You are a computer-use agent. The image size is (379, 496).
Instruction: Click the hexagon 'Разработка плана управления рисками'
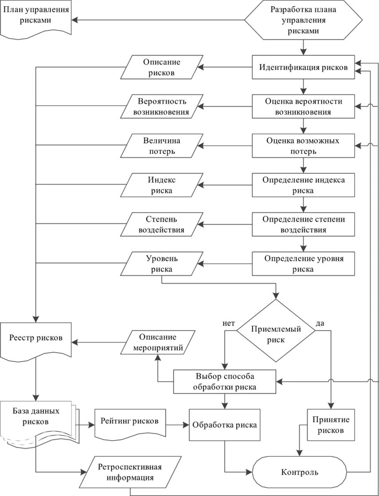[303, 20]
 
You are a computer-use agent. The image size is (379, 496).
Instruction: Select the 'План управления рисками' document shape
[36, 19]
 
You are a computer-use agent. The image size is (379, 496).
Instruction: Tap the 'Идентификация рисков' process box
[303, 67]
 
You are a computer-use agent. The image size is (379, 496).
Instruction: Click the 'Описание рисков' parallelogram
[161, 67]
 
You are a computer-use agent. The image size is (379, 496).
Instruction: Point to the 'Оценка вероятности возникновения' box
[303, 106]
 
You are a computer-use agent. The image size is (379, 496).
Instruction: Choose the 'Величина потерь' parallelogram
[161, 146]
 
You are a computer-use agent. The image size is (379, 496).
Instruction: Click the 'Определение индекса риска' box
[303, 185]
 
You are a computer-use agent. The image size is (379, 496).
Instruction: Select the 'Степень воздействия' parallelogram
[161, 224]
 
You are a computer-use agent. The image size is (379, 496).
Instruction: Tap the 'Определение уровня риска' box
[303, 263]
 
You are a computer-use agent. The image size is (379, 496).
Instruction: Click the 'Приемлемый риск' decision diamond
[276, 331]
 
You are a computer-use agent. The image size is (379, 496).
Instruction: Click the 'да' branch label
[320, 323]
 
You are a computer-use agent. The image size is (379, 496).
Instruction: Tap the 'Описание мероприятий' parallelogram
[158, 342]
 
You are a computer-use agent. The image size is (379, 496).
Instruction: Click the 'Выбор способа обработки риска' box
[225, 382]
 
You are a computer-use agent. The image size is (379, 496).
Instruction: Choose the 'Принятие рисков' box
[331, 425]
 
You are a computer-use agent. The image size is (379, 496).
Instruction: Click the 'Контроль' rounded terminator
[300, 472]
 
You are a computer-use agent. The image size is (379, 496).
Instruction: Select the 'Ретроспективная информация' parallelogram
[130, 472]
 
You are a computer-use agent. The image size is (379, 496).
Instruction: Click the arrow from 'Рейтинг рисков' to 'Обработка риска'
[177, 425]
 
